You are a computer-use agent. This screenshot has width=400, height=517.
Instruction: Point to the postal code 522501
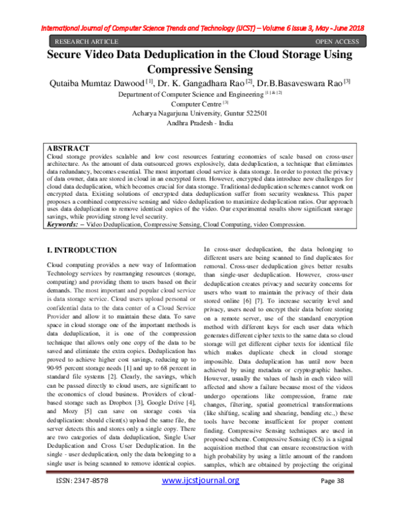coord(254,113)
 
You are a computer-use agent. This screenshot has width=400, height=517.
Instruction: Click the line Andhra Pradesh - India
coord(199,123)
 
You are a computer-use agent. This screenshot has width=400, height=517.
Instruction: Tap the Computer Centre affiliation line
coord(199,104)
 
